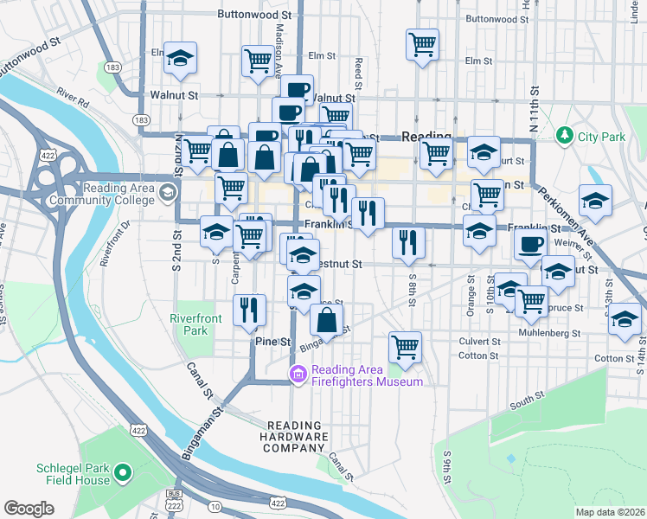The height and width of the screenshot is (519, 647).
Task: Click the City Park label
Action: pos(601,137)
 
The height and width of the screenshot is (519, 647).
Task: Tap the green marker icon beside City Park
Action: pos(565,136)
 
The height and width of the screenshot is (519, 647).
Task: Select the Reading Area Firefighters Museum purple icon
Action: pos(298,375)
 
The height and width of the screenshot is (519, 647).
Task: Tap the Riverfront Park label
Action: pos(195,324)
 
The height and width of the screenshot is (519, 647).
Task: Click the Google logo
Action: pos(29,509)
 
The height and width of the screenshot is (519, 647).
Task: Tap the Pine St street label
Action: pos(273,343)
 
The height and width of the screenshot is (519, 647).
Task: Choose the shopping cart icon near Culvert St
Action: pos(404,347)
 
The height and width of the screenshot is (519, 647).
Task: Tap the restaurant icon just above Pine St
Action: pos(250,310)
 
